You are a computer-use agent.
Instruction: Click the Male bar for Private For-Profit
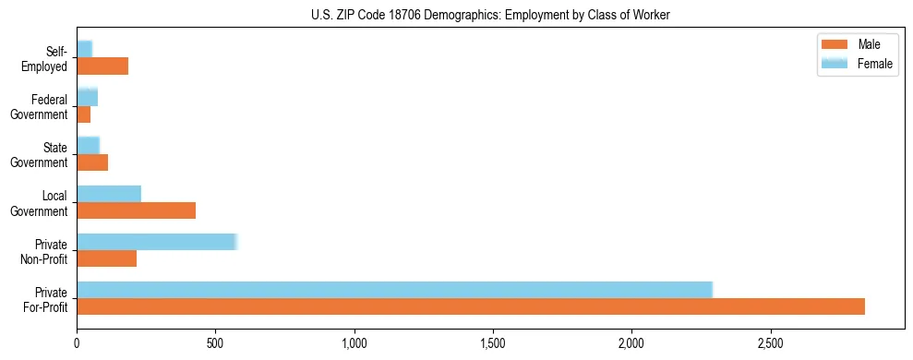(471, 306)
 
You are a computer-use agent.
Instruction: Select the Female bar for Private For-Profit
(394, 290)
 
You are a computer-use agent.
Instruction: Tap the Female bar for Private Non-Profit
(157, 242)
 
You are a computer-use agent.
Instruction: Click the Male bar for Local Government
(137, 210)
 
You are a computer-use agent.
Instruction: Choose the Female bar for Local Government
(109, 194)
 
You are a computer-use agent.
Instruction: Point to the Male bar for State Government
(92, 162)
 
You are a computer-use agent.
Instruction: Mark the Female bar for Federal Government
(87, 97)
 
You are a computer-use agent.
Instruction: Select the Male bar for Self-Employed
(102, 66)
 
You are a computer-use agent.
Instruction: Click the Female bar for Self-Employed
(84, 49)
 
